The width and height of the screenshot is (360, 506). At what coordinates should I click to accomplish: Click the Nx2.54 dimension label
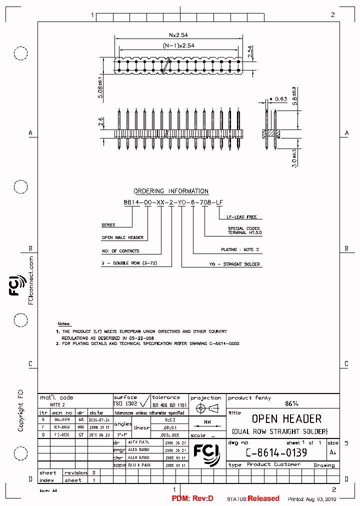pyautogui.click(x=178, y=35)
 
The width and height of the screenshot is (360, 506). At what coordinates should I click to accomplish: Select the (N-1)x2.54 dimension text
pyautogui.click(x=178, y=45)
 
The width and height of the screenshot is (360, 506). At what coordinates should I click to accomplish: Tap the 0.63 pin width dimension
pyautogui.click(x=280, y=99)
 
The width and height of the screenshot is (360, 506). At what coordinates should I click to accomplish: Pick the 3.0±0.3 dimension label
pyautogui.click(x=295, y=158)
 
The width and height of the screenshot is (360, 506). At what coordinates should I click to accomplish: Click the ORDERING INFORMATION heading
pyautogui.click(x=171, y=191)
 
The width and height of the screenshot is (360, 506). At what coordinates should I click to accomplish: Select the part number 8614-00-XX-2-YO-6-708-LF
pyautogui.click(x=173, y=202)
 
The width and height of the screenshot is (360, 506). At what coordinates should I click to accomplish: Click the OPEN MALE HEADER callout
pyautogui.click(x=122, y=237)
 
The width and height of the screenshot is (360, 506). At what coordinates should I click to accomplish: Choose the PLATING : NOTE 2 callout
pyautogui.click(x=240, y=249)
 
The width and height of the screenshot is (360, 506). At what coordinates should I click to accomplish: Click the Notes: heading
pyautogui.click(x=64, y=324)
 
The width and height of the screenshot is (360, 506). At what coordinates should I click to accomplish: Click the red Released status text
pyautogui.click(x=263, y=498)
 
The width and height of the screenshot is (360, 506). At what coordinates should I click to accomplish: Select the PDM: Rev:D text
pyautogui.click(x=192, y=498)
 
